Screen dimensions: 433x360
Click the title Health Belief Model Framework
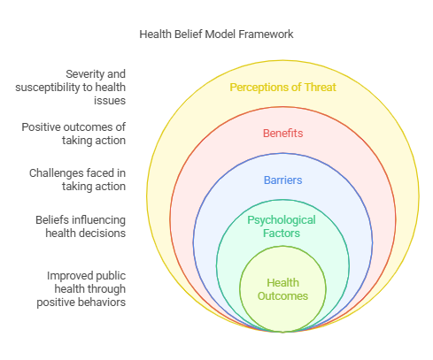(x=216, y=34)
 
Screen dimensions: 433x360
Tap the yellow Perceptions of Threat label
(x=282, y=88)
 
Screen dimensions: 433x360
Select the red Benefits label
(x=282, y=134)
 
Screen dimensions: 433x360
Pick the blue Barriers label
(x=282, y=180)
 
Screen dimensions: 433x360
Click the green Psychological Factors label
(x=282, y=226)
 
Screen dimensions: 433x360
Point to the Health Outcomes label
(x=282, y=289)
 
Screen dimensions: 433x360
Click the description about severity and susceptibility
(x=71, y=88)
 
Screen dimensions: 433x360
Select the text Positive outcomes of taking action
(x=73, y=134)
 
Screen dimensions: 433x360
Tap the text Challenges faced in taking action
(x=77, y=180)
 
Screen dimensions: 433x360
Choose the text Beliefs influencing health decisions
(x=81, y=226)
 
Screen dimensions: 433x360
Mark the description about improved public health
(x=81, y=289)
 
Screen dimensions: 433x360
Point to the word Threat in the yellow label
(x=321, y=88)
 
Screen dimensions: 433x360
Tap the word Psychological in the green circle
(x=282, y=220)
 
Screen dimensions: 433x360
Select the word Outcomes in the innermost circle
(x=282, y=296)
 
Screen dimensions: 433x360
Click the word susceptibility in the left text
(x=48, y=88)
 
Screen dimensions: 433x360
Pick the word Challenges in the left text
(x=50, y=173)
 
